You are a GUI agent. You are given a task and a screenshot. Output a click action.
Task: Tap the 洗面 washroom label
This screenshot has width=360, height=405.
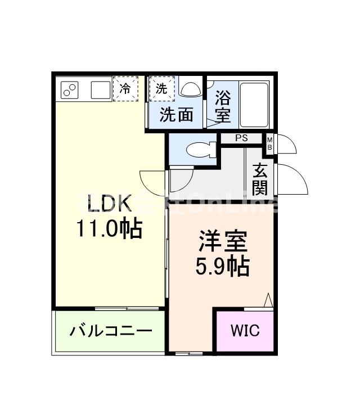click(x=177, y=115)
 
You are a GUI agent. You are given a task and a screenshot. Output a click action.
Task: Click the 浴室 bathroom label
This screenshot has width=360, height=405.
click(x=223, y=107)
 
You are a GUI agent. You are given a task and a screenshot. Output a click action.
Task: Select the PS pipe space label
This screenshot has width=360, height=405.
click(x=241, y=138)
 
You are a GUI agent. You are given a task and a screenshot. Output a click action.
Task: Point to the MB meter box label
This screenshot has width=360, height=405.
click(x=270, y=143)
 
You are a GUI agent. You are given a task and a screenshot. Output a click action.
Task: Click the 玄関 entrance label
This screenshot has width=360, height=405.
click(x=259, y=178)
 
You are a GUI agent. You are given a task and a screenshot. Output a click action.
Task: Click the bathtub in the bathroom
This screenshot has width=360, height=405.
click(x=254, y=105)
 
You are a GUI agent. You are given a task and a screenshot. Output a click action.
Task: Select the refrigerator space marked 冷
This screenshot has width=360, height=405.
click(x=125, y=88)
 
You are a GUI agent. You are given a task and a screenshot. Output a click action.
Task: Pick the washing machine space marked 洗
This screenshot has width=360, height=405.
click(x=161, y=88)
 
